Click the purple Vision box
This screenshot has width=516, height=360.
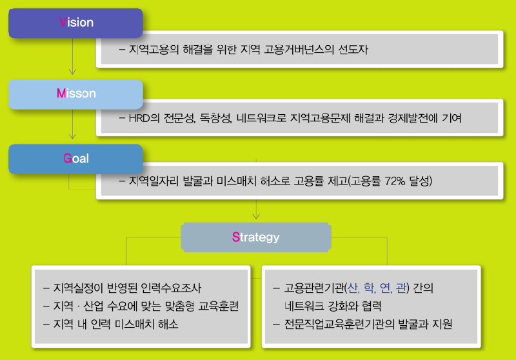click(x=75, y=23)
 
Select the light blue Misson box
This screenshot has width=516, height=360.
click(x=75, y=94)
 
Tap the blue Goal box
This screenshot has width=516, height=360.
click(x=75, y=159)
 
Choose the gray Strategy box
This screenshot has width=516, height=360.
click(x=255, y=237)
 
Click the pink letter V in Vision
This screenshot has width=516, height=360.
click(x=62, y=23)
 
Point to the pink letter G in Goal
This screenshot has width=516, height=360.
click(x=67, y=159)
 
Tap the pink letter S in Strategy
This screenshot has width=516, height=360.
click(x=235, y=237)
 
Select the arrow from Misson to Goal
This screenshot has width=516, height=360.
click(x=72, y=126)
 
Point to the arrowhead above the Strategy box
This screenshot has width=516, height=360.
click(x=256, y=215)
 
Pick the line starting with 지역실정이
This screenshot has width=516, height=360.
click(x=126, y=288)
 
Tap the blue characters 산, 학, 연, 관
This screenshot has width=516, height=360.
click(x=377, y=288)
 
